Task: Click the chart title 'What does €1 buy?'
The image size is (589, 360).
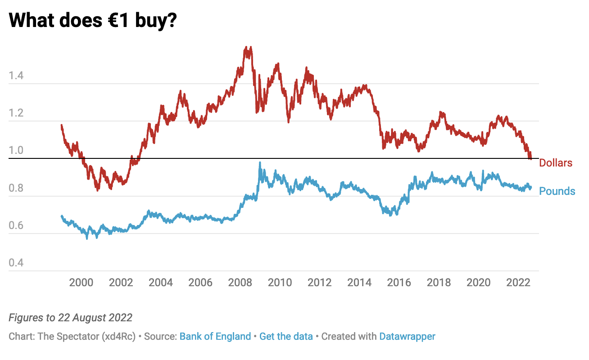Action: tap(92, 20)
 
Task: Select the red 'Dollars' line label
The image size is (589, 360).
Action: tap(556, 163)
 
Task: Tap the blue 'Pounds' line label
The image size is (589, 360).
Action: tap(557, 191)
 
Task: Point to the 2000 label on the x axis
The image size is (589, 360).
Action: tap(81, 283)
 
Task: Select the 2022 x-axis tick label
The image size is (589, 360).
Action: tap(518, 283)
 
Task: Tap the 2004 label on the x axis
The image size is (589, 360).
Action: tap(161, 283)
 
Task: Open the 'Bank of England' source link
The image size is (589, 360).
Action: tap(215, 336)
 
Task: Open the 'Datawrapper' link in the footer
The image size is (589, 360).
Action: tap(407, 336)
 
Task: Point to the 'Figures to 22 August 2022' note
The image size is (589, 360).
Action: tap(71, 318)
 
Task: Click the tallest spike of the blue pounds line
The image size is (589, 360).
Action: tap(260, 163)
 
